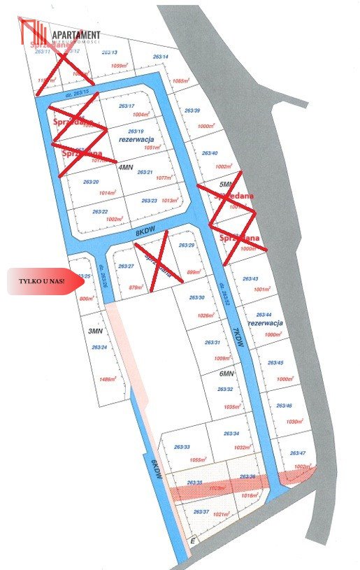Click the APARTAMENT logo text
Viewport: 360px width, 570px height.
click(x=74, y=35)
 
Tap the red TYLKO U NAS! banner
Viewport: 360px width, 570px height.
click(x=42, y=281)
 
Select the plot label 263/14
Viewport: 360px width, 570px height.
click(x=161, y=57)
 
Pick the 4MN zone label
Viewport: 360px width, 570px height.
click(x=126, y=168)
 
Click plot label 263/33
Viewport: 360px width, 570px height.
click(x=182, y=447)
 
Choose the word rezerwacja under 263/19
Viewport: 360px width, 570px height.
click(x=131, y=139)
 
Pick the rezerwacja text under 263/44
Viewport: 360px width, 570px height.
click(x=266, y=323)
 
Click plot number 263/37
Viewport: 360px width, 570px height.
click(x=201, y=512)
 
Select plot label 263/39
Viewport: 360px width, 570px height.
click(x=192, y=111)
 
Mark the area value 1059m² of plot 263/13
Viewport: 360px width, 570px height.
click(x=120, y=66)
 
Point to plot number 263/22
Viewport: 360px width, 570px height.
click(x=100, y=212)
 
